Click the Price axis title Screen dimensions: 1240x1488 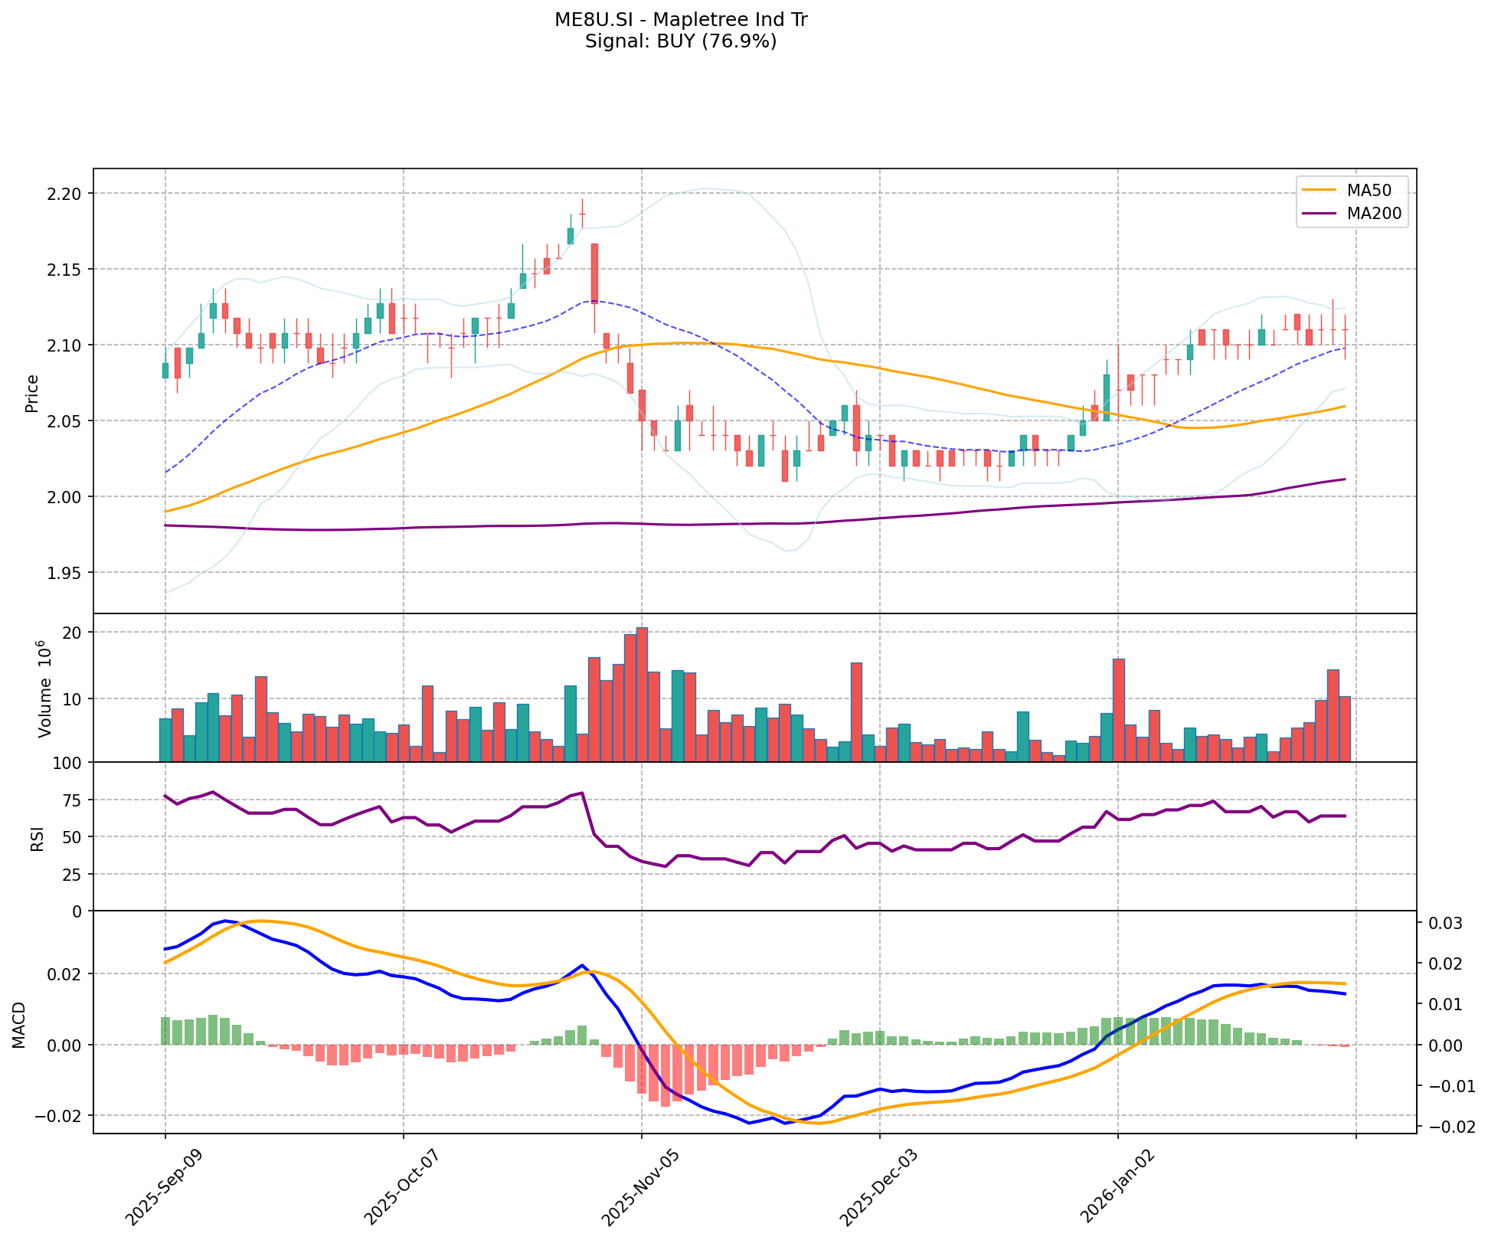tap(32, 393)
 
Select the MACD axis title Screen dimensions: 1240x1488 tap(18, 1023)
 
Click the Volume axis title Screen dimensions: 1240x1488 tap(44, 689)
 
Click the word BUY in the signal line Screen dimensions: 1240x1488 tap(672, 41)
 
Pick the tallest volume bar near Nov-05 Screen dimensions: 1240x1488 tap(642, 694)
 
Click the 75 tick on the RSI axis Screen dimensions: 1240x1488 tap(74, 800)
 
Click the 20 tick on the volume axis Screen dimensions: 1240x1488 tap(74, 633)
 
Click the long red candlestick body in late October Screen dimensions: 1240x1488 tap(594, 273)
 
